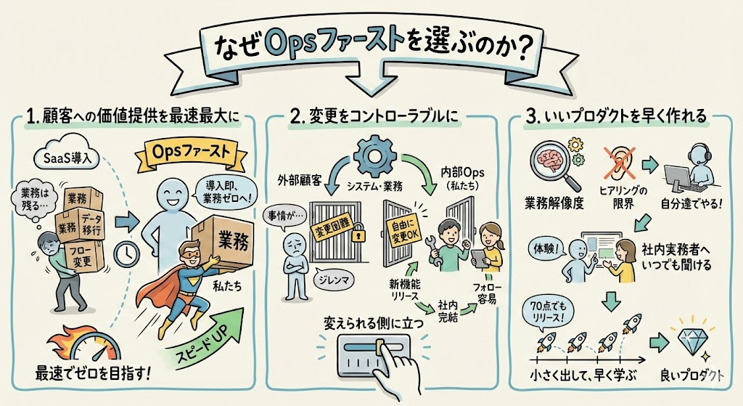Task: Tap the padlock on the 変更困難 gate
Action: pyautogui.click(x=355, y=237)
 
